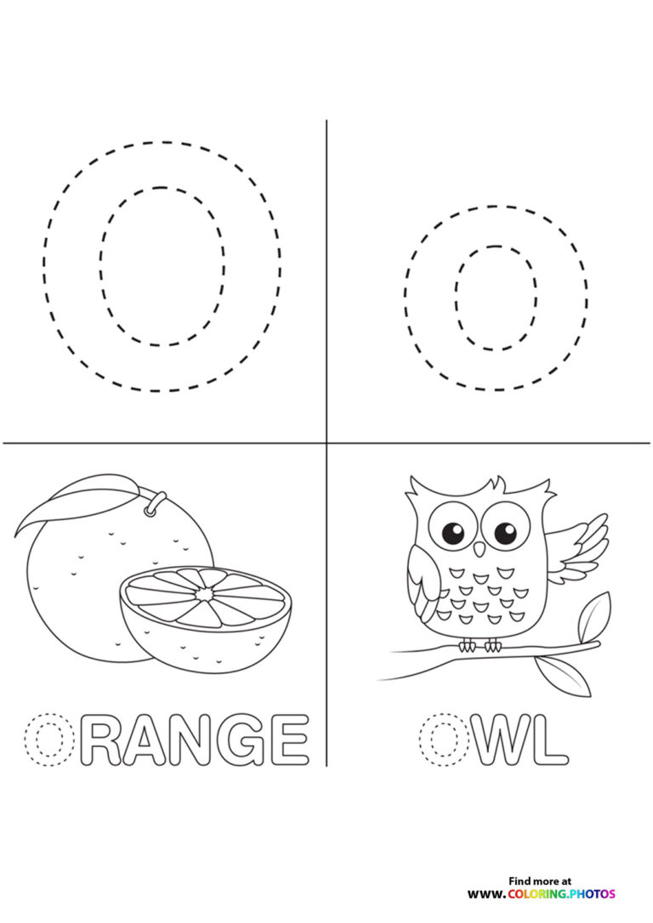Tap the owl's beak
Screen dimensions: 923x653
(479, 550)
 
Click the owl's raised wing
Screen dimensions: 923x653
(581, 548)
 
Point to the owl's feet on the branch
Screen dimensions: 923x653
(480, 646)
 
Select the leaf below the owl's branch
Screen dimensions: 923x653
(563, 676)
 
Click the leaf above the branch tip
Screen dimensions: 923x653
(593, 616)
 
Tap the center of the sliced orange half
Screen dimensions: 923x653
(205, 596)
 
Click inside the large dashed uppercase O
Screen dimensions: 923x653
(162, 266)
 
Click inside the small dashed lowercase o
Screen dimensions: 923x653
(496, 297)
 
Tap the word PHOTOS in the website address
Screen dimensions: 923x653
(593, 894)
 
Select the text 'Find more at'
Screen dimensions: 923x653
(540, 881)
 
